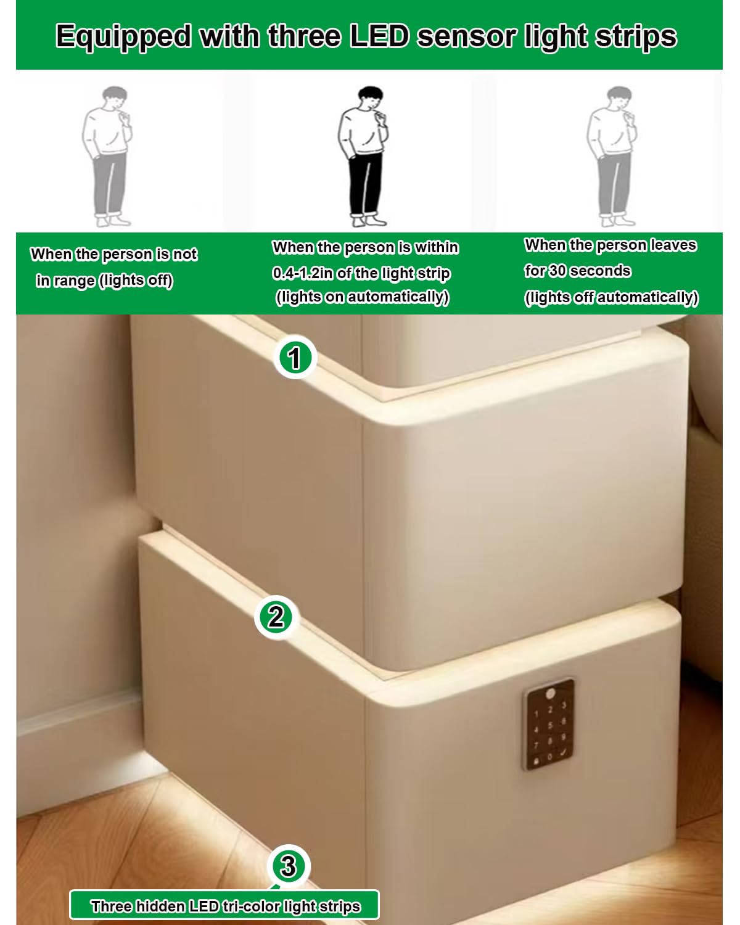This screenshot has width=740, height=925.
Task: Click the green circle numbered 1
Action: tap(295, 357)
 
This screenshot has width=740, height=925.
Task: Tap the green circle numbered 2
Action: tap(276, 617)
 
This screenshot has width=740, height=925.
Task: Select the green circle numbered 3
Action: tap(289, 866)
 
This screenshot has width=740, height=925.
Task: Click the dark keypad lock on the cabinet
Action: tap(549, 724)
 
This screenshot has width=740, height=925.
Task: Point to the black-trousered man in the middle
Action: tap(363, 156)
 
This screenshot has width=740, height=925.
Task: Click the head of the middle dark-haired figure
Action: tap(370, 97)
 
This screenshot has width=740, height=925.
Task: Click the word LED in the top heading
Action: tap(379, 36)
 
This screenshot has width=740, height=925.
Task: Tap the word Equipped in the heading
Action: tap(123, 38)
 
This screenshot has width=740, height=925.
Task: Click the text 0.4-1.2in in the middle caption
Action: tap(302, 273)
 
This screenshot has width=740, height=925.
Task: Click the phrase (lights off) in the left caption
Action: tap(136, 281)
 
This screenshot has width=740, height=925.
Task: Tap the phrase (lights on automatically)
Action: tap(362, 297)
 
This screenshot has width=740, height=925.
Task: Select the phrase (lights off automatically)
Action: tap(612, 297)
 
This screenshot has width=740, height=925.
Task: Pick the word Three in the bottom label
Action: tap(112, 906)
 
